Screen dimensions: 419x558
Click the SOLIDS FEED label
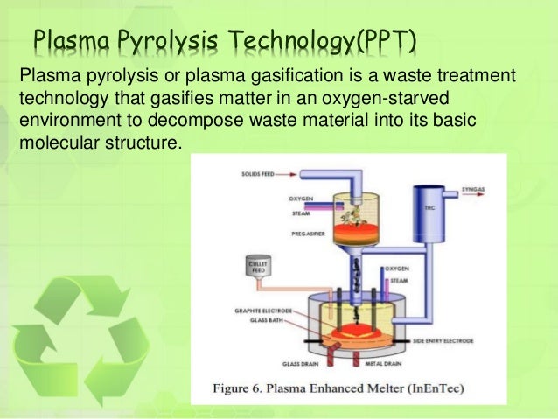[x=262, y=175]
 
